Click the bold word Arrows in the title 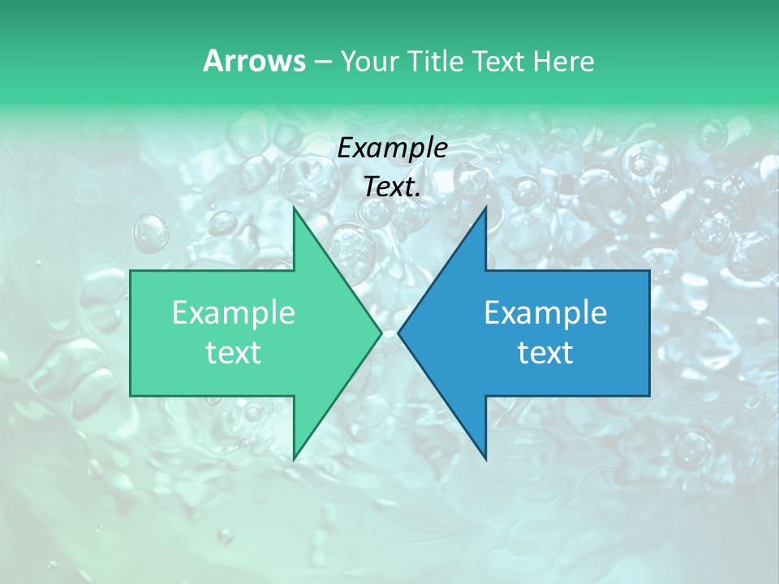[x=254, y=61]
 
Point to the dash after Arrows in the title [x=322, y=62]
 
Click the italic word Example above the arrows [x=392, y=148]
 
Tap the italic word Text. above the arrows [x=393, y=187]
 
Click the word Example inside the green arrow [x=234, y=312]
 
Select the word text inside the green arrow [x=234, y=352]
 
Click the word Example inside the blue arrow [x=545, y=312]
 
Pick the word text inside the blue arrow [x=545, y=352]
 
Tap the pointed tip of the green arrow [x=380, y=333]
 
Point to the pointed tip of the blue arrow [x=399, y=333]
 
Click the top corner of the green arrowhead [x=295, y=208]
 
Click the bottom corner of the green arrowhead [x=295, y=458]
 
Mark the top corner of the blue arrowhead [x=485, y=208]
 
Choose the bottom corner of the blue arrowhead [x=485, y=458]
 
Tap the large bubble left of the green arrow [x=151, y=233]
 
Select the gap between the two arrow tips [x=389, y=333]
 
